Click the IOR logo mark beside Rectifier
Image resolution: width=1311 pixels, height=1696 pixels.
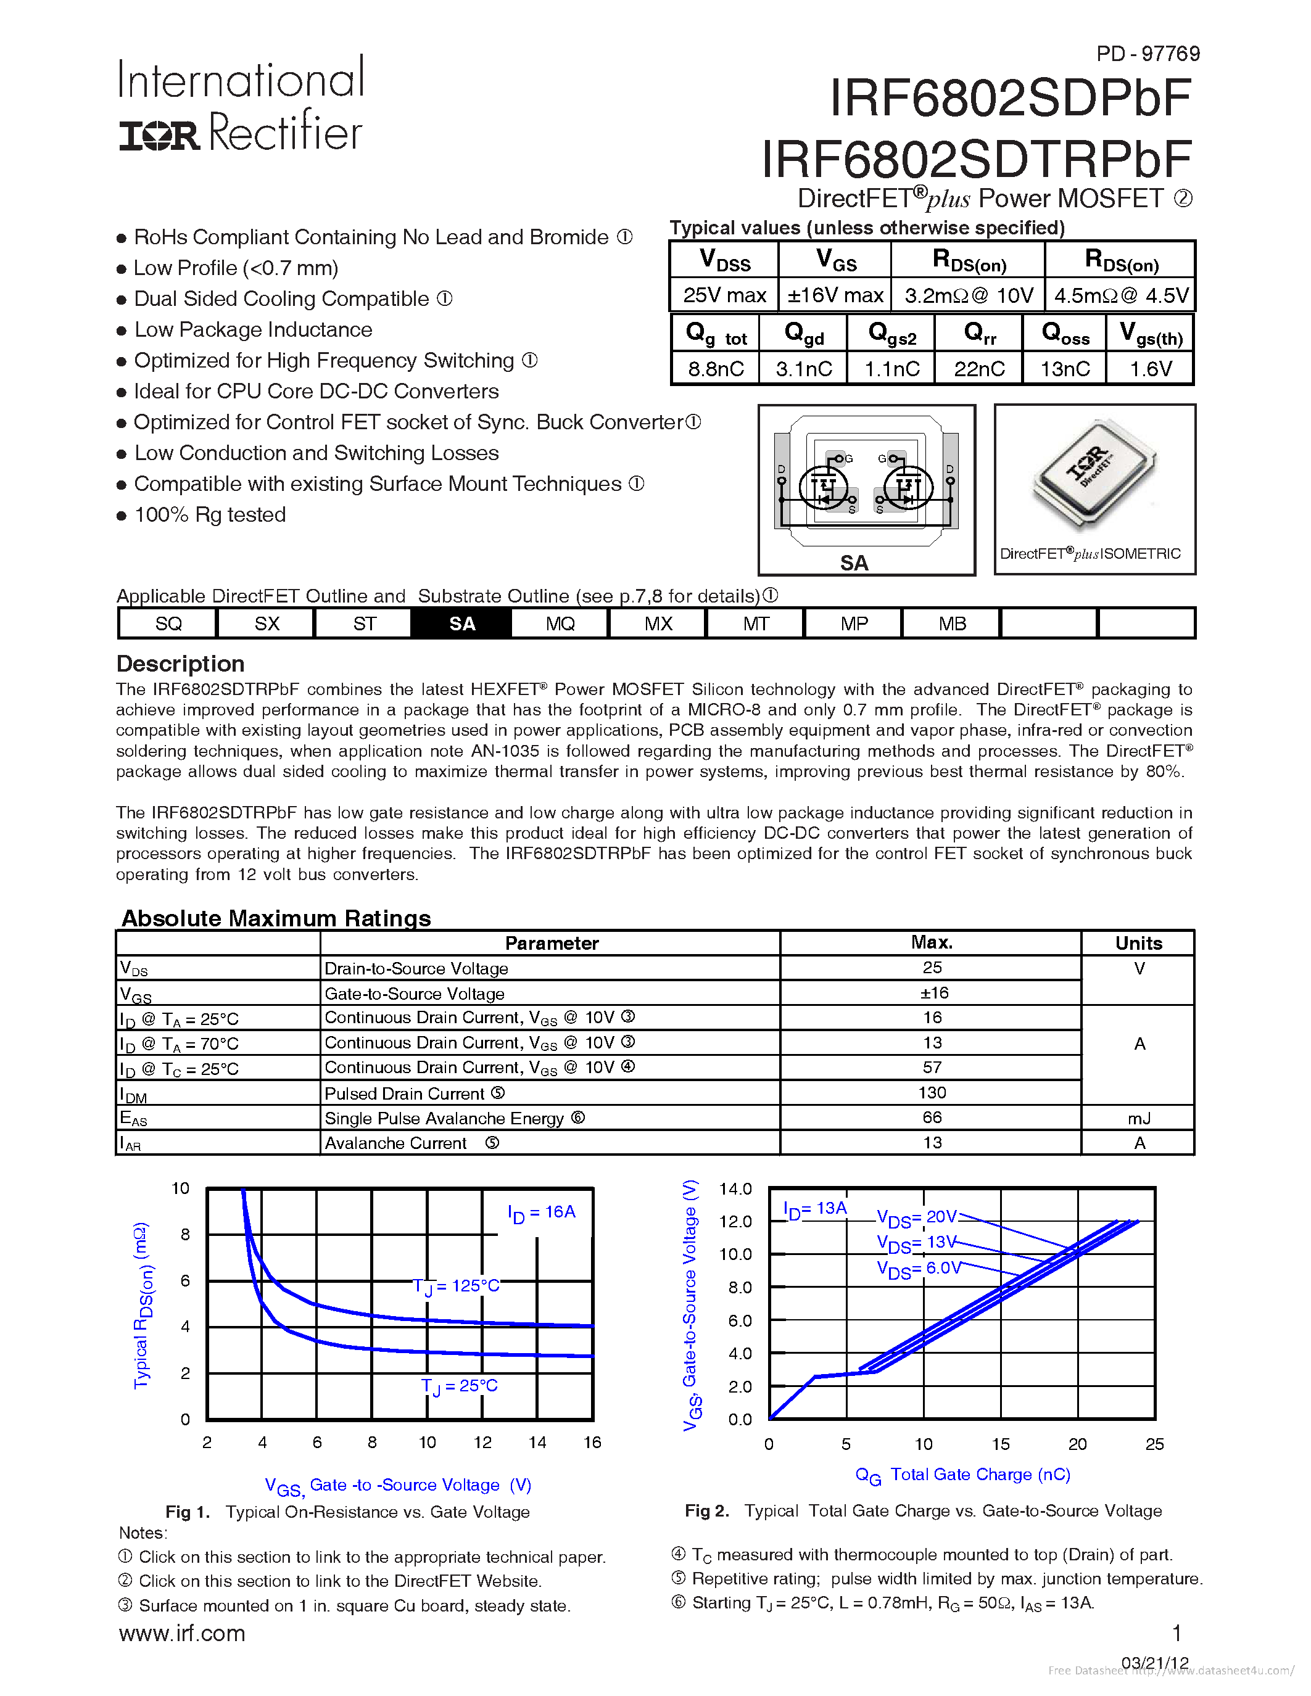[159, 135]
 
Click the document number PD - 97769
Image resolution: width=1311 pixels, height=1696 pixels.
[1147, 54]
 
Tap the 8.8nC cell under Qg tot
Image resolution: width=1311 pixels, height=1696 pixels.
[715, 369]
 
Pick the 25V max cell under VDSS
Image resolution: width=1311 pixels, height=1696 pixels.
[724, 295]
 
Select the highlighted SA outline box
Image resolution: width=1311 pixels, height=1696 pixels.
[461, 624]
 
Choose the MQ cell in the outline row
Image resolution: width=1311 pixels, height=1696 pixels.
[560, 624]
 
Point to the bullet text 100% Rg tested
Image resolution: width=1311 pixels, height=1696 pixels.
[210, 515]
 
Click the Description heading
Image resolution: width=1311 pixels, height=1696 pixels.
[180, 664]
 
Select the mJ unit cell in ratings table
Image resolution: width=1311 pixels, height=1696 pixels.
[1139, 1118]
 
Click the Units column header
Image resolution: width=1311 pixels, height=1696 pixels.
[1139, 943]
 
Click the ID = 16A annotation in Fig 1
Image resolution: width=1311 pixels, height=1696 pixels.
[540, 1212]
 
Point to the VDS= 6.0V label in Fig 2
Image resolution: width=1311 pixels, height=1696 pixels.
[918, 1268]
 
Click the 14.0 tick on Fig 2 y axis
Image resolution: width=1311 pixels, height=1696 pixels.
[735, 1189]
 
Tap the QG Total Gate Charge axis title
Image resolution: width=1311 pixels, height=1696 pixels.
[962, 1475]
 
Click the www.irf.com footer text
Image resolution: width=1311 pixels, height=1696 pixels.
[182, 1633]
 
